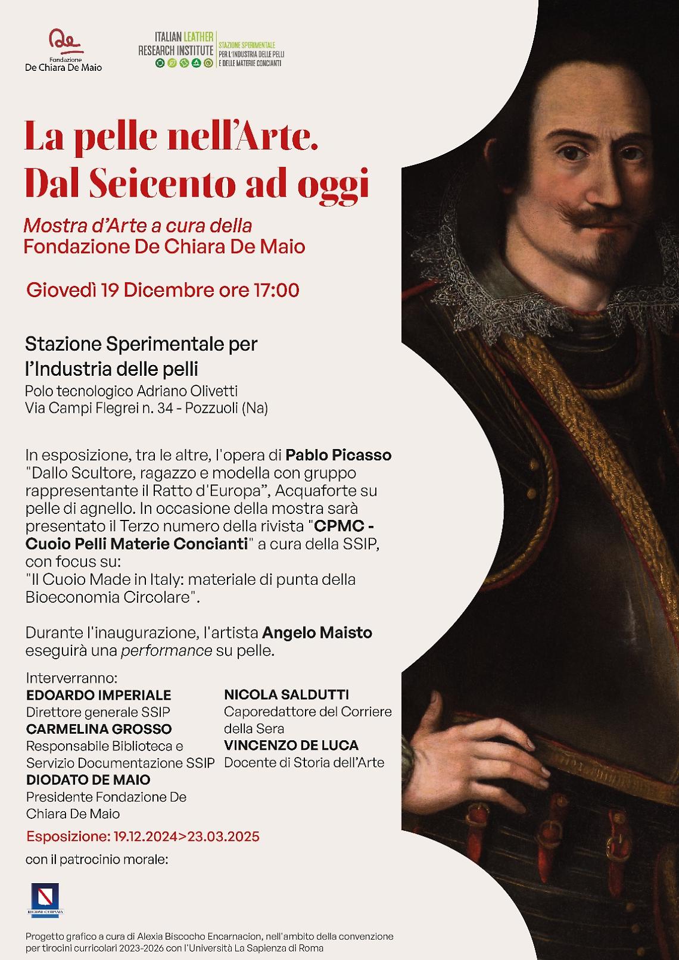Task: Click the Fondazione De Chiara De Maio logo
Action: tap(63, 50)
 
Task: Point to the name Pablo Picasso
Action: tap(338, 456)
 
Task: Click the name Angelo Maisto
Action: tap(317, 632)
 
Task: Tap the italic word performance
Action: tap(166, 650)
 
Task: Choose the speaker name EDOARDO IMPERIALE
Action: tap(98, 695)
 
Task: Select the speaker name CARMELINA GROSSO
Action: tap(99, 729)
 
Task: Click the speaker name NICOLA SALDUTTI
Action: tap(286, 694)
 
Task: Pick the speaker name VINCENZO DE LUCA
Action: tap(291, 746)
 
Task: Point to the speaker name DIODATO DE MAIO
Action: tap(88, 780)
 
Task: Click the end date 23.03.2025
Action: tap(223, 836)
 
